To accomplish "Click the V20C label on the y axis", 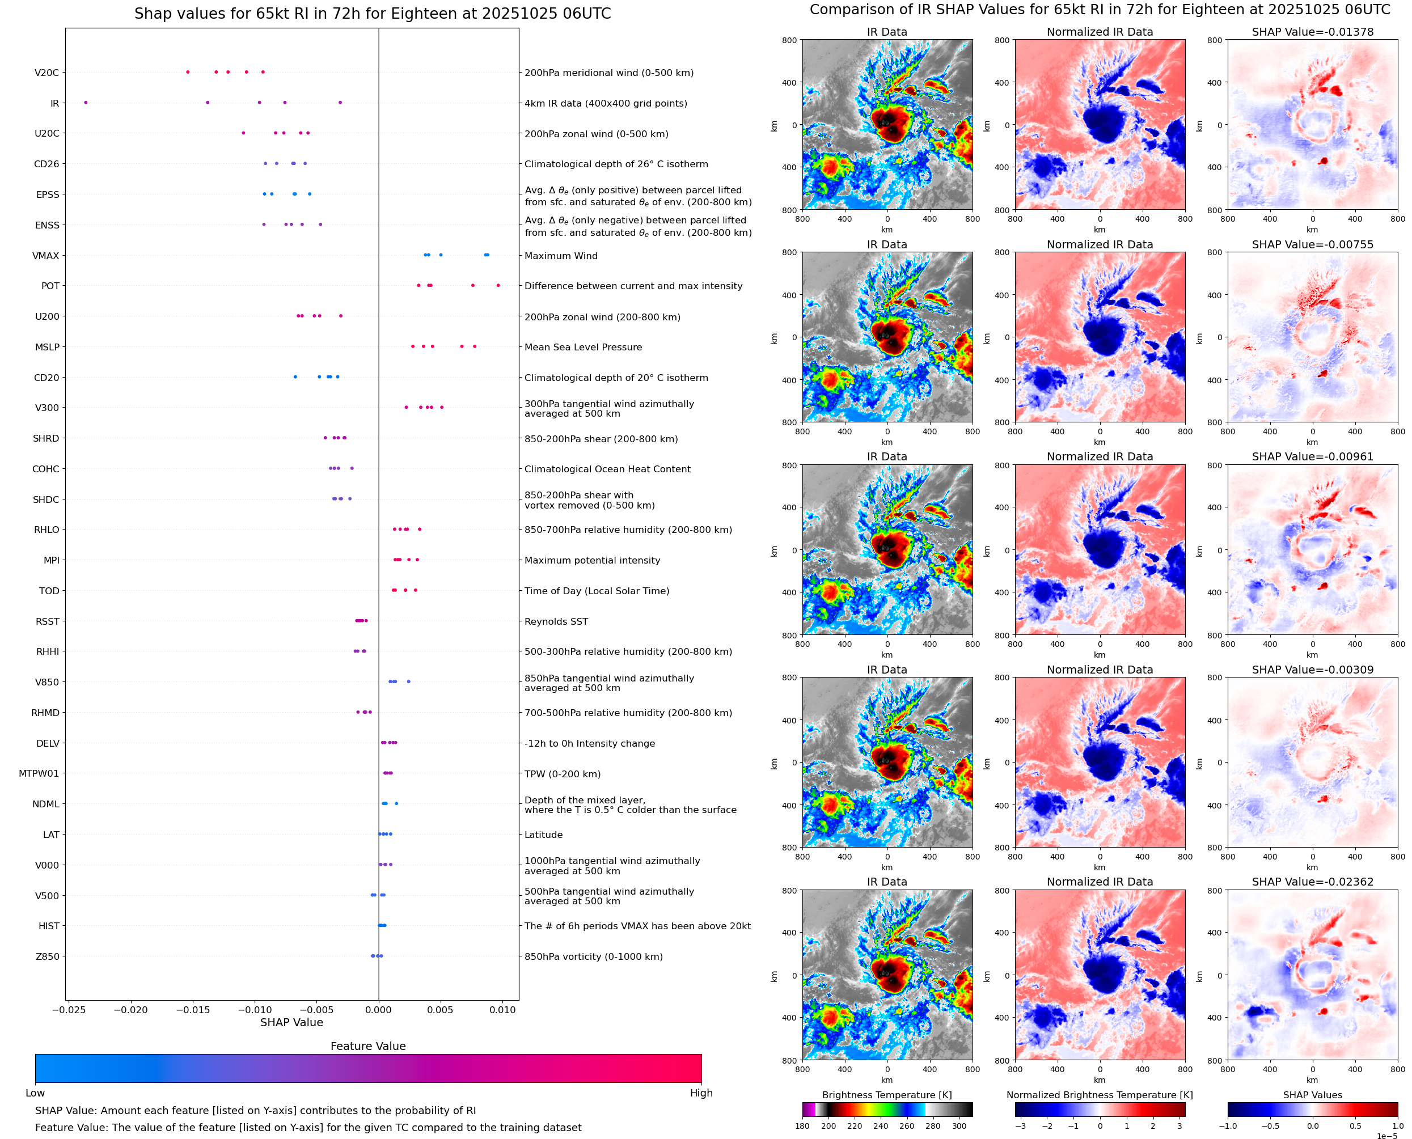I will coord(46,73).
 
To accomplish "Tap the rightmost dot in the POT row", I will coord(498,285).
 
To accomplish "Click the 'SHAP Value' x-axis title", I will coord(291,1022).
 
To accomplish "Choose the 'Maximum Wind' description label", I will coord(561,256).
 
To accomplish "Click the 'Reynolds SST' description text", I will coord(556,621).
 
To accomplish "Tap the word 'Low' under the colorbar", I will coord(35,1093).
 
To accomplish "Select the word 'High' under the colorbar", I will coord(701,1093).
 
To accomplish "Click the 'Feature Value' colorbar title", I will coord(368,1046).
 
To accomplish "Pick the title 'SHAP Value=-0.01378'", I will coord(1312,32).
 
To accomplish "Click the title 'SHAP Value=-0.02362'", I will coord(1312,882).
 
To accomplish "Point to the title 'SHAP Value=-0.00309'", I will coord(1312,670).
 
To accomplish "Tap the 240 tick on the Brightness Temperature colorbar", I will coord(881,1126).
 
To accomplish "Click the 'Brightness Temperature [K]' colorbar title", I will coord(886,1095).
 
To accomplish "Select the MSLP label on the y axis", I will coord(47,347).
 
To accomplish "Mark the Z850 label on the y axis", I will coord(47,956).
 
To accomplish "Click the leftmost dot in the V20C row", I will coord(188,72).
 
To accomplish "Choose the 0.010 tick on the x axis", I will coord(502,1010).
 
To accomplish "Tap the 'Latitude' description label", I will coord(543,835).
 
